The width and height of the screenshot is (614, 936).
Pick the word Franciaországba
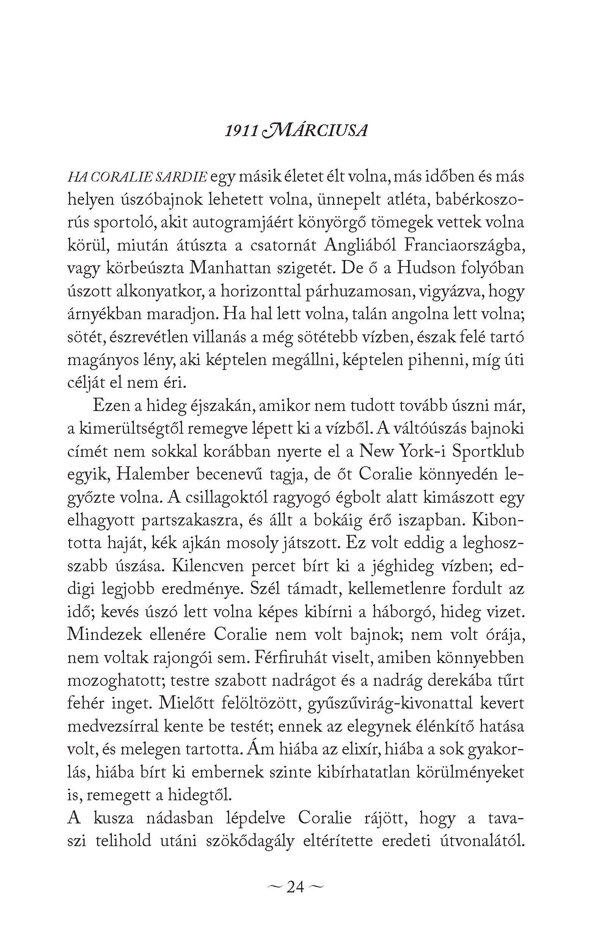464,245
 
